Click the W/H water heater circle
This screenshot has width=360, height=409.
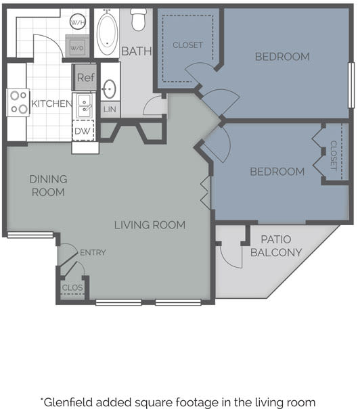pos(78,21)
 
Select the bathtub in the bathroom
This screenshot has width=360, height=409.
pos(107,34)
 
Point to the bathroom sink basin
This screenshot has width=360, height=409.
pos(109,88)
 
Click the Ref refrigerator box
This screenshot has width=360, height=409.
pos(85,77)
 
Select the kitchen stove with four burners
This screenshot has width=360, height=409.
pos(18,102)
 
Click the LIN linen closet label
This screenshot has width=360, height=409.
pos(109,110)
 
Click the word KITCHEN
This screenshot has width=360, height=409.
pos(51,103)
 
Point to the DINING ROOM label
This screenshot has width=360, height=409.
pos(48,186)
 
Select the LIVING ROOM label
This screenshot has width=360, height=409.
pos(150,225)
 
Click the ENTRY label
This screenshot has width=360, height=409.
pos(93,253)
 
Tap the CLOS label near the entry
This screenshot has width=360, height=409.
pos(72,287)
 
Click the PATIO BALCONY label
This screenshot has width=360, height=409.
pos(275,246)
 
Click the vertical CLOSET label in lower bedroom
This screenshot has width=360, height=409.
pos(334,155)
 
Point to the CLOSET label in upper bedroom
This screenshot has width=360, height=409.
pos(187,45)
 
